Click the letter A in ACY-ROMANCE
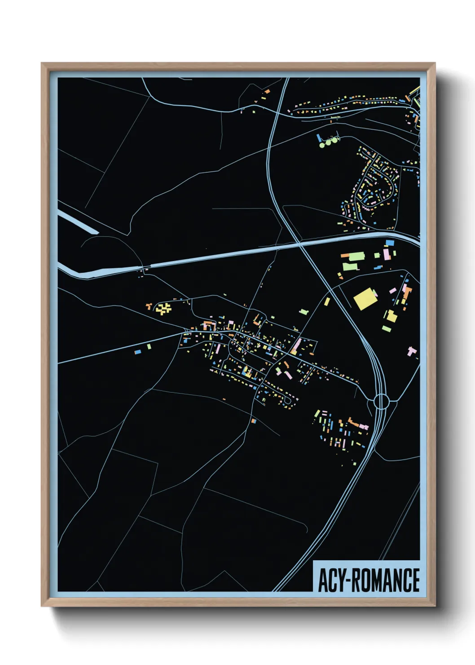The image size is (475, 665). pos(323,581)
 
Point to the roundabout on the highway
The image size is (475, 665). pos(381,401)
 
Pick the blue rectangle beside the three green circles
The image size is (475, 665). pos(319,138)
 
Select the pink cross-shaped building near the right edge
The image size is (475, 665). pos(412,351)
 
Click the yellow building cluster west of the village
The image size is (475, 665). pos(163,309)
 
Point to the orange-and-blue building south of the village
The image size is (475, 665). pos(254,421)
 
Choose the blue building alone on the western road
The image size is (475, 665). pos(138,352)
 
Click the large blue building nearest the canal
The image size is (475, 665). pos(390,243)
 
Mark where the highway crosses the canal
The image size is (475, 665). pos(298,244)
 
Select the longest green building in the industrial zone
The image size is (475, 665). pos(356,257)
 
